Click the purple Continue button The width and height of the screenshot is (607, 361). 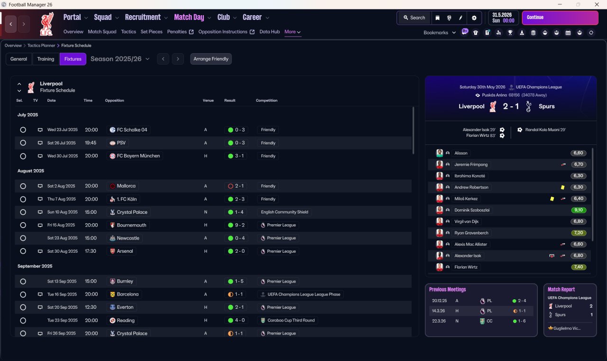click(560, 18)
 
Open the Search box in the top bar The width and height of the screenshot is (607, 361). click(414, 18)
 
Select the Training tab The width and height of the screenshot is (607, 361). click(46, 59)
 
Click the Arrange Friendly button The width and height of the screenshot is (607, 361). click(211, 59)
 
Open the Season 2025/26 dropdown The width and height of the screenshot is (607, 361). click(120, 59)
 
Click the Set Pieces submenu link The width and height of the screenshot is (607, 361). click(151, 32)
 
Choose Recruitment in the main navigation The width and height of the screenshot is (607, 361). click(143, 18)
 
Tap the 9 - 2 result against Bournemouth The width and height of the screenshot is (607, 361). click(239, 225)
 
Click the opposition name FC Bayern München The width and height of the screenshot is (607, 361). click(138, 156)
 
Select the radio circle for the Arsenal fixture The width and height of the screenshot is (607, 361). click(23, 251)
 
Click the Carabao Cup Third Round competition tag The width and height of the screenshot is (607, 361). click(291, 320)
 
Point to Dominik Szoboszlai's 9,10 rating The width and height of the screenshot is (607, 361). click(579, 210)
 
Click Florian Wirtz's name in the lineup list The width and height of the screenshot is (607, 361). click(466, 267)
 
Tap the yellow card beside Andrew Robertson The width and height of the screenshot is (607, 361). click(562, 187)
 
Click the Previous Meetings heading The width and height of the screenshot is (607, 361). click(447, 289)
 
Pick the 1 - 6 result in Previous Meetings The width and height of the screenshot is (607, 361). click(522, 321)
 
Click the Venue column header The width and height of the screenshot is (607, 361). click(208, 100)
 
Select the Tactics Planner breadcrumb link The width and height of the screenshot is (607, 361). click(41, 46)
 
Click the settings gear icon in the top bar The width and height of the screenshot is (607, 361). click(474, 18)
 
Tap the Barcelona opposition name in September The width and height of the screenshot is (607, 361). click(128, 294)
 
